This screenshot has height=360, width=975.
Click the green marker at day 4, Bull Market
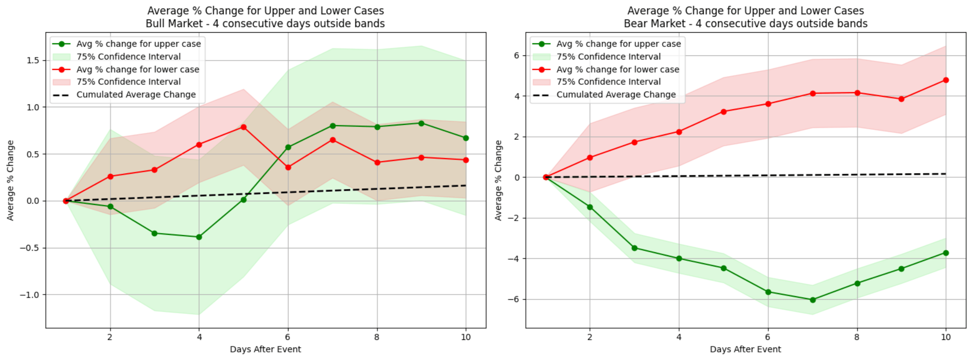pyautogui.click(x=199, y=237)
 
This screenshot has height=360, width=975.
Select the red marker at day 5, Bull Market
pyautogui.click(x=244, y=127)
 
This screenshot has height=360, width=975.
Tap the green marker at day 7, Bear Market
pyautogui.click(x=813, y=300)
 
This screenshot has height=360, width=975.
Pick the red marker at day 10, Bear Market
pyautogui.click(x=946, y=80)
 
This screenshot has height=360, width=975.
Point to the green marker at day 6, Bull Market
pyautogui.click(x=288, y=147)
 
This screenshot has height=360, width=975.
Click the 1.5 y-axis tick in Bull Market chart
pyautogui.click(x=33, y=61)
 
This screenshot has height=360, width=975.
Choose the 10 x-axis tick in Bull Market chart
pyautogui.click(x=466, y=337)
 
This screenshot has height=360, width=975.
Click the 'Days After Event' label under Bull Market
pyautogui.click(x=265, y=349)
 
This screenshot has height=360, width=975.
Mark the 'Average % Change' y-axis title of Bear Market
pyautogui.click(x=499, y=180)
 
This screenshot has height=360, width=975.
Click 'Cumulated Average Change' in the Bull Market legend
pyautogui.click(x=136, y=95)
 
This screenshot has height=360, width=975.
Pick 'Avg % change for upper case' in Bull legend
pyautogui.click(x=139, y=44)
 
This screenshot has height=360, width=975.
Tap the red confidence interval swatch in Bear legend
pyautogui.click(x=541, y=82)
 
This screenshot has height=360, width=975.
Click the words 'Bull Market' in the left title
pyautogui.click(x=174, y=24)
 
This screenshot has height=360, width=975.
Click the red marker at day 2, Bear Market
pyautogui.click(x=590, y=157)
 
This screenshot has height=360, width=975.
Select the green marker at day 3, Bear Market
pyautogui.click(x=635, y=248)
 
